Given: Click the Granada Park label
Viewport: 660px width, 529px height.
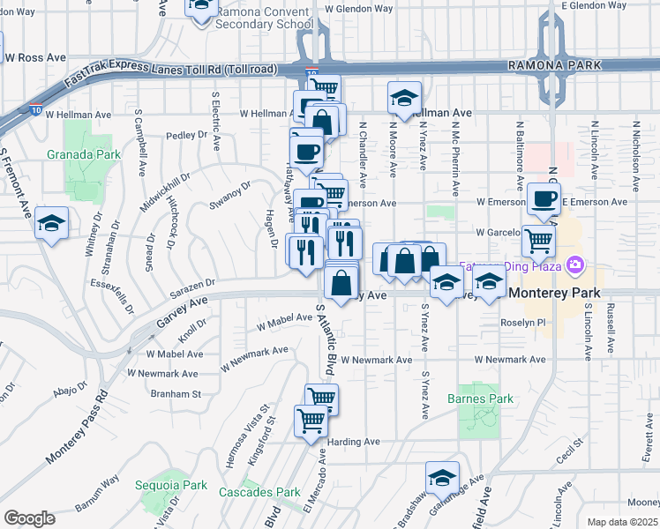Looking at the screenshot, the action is click(x=84, y=154).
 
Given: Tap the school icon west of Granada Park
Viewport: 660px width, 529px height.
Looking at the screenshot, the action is click(x=51, y=224).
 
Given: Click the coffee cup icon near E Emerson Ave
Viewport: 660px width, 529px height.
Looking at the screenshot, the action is click(x=544, y=199).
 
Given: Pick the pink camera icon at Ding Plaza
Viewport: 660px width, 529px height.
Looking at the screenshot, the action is click(x=576, y=264).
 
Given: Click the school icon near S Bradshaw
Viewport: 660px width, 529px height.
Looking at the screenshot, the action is click(x=442, y=478).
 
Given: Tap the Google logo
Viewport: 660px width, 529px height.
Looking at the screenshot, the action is click(x=29, y=518).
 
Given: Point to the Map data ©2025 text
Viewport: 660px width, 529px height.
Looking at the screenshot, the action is click(x=621, y=522).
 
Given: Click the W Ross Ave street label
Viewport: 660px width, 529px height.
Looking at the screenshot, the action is click(x=35, y=57).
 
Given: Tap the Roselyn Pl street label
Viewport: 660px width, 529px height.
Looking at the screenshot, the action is click(x=523, y=324).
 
